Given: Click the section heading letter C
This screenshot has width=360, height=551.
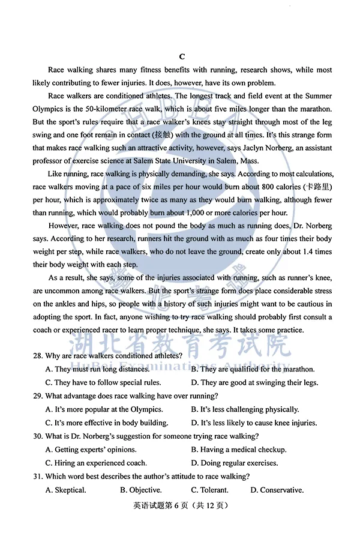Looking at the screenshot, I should tap(181, 57).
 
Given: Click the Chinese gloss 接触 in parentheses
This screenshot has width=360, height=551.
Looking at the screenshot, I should tap(162, 134).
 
